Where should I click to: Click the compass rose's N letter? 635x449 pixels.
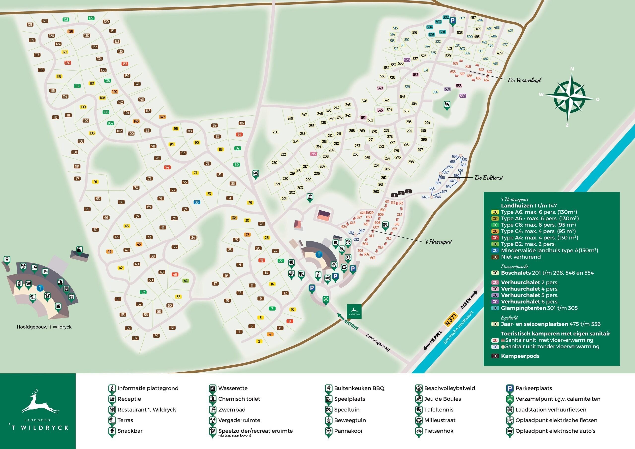(x=572, y=69)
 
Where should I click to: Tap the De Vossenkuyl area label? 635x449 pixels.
(x=524, y=80)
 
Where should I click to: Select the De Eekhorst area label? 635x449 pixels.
(x=489, y=178)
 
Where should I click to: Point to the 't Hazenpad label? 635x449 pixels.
(x=439, y=242)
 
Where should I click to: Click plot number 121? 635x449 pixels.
(x=30, y=25)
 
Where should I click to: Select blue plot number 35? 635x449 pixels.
(x=197, y=202)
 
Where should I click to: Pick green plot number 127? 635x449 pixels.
(x=91, y=18)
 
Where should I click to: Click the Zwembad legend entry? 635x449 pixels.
(x=231, y=410)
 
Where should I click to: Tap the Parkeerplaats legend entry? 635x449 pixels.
(x=534, y=388)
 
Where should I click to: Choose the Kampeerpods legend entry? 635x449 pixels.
(x=520, y=356)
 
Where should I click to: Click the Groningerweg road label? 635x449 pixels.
(x=378, y=343)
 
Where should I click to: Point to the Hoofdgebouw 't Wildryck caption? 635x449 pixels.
(x=44, y=327)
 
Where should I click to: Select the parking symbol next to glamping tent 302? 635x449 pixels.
(x=452, y=21)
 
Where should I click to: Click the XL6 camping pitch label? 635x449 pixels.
(x=468, y=67)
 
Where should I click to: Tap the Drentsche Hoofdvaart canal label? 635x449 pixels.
(x=458, y=327)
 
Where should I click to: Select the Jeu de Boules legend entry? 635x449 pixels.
(x=443, y=399)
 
